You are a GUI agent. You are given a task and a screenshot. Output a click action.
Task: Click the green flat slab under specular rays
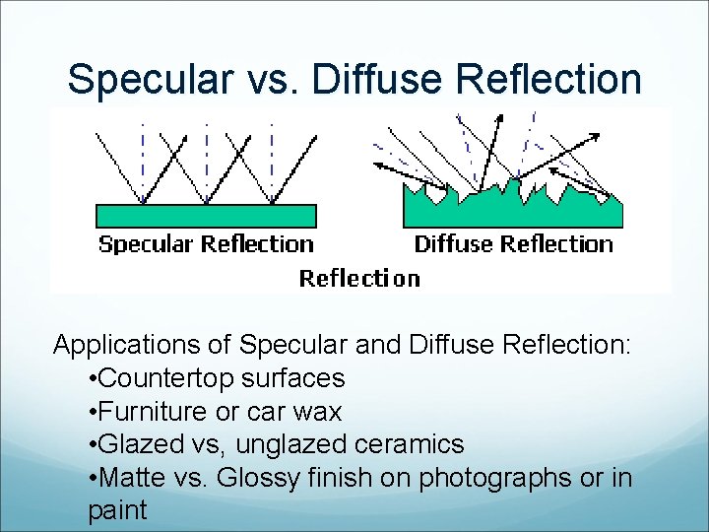pos(206,216)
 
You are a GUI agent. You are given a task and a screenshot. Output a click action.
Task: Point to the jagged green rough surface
pos(512,210)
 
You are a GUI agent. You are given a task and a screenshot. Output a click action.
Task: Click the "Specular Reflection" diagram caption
pos(206,244)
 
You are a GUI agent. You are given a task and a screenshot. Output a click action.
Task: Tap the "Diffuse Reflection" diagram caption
pos(513,244)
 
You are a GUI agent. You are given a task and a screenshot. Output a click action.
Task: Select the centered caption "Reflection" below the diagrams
pos(359,279)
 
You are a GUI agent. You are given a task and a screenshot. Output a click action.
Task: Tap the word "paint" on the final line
pos(117,511)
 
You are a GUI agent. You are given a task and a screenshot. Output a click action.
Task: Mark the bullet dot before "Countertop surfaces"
pos(92,379)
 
